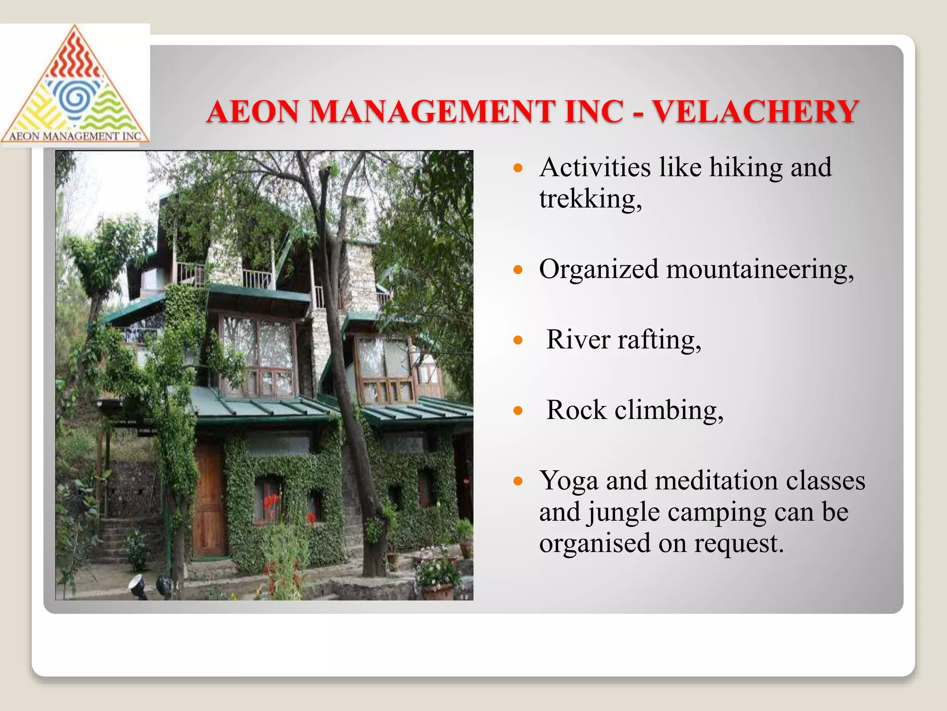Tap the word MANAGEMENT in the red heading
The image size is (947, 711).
pyautogui.click(x=432, y=112)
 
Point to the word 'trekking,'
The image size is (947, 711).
pyautogui.click(x=590, y=199)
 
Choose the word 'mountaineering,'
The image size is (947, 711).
pyautogui.click(x=759, y=269)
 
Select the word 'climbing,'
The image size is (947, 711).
pyautogui.click(x=669, y=411)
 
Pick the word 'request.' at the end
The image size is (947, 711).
pyautogui.click(x=738, y=543)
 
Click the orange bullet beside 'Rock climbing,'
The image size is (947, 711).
pyautogui.click(x=518, y=411)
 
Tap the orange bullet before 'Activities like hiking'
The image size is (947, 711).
pyautogui.click(x=518, y=168)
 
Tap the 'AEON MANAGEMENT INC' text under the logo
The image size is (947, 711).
pyautogui.click(x=75, y=136)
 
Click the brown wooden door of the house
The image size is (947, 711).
pyautogui.click(x=209, y=500)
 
